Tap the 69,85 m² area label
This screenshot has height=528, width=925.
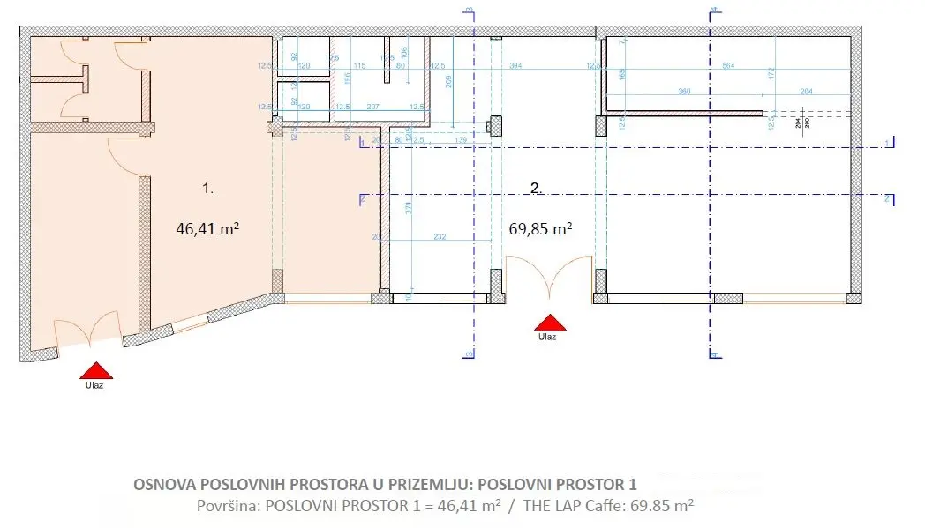click(x=540, y=228)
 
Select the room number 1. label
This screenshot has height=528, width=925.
click(x=207, y=188)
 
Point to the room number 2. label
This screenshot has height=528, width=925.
click(x=535, y=187)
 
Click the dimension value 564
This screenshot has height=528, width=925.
click(x=728, y=65)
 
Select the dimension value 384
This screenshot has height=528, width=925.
click(x=518, y=65)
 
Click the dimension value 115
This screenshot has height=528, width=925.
click(x=359, y=65)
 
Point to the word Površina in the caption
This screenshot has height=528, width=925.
click(x=228, y=506)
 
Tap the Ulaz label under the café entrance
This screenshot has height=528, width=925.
click(x=547, y=337)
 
